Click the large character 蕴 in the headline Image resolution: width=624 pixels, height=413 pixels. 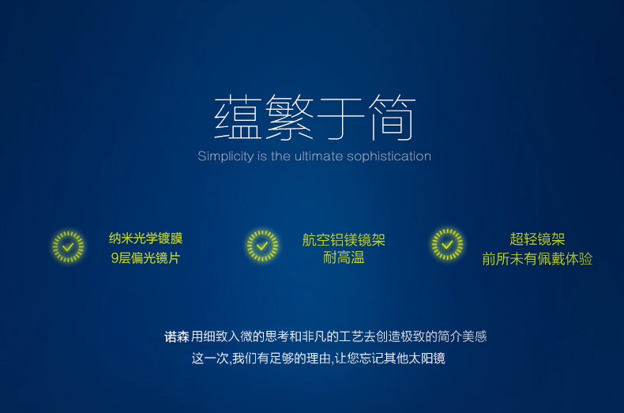pos(238,118)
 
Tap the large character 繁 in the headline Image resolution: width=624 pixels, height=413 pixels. pos(289,118)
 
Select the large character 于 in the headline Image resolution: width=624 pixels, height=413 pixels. pos(340,118)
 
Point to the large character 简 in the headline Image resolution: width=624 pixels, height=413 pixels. pos(392,118)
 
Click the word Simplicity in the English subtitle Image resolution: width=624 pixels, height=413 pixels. pos(226,156)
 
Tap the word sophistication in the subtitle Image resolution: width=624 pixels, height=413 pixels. pos(389,156)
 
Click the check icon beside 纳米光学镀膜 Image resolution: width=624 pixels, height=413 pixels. pos(69,246)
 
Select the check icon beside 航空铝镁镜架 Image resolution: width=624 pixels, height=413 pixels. pos(262,246)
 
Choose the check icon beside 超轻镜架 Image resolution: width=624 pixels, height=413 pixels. pos(447,244)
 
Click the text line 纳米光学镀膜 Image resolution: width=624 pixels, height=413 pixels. pos(145,238)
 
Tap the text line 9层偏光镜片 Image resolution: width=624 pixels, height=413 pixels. pos(145,258)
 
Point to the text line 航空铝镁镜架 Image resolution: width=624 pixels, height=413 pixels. pos(344,240)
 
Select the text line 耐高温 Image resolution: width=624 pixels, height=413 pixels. pos(344,258)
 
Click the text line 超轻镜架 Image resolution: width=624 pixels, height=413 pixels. pos(537,239)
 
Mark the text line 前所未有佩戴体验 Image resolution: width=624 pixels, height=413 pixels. pos(537,259)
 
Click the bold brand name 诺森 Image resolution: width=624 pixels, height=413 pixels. pos(177,337)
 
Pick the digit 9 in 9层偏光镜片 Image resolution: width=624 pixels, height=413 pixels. pos(115,258)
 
